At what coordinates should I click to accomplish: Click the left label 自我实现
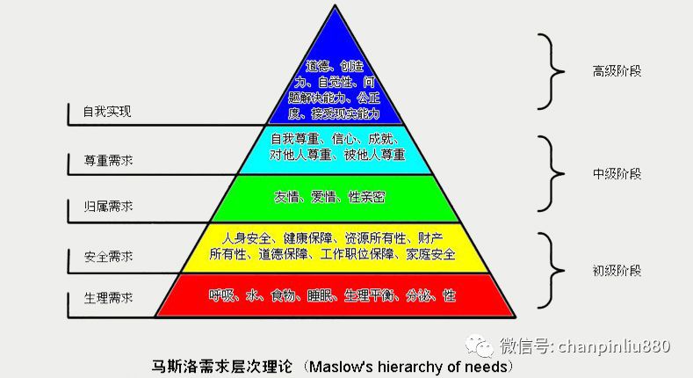[x=106, y=113]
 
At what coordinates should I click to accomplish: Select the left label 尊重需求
[x=107, y=163]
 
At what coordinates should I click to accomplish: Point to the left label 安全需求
[x=107, y=257]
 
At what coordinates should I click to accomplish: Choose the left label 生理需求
[x=107, y=298]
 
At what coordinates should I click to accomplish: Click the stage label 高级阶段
[x=617, y=71]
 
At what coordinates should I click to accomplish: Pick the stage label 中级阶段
[x=617, y=174]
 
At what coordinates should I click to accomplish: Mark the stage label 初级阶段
[x=617, y=271]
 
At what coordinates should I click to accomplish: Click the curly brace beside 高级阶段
[x=550, y=71]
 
